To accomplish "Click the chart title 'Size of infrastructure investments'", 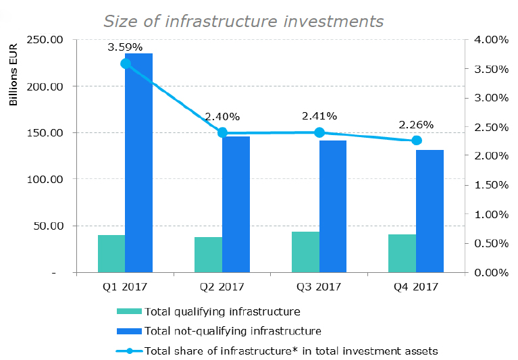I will pos(243,21).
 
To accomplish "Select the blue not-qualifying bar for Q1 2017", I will pos(138,162).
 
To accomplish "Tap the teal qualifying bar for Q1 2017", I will pos(111,254).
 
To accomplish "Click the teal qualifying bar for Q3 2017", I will pos(305,252).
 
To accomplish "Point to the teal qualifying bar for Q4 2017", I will pos(402,253).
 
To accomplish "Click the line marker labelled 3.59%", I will pos(126,63).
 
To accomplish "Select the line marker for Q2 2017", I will pos(222,133).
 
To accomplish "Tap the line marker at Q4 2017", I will pos(416,140).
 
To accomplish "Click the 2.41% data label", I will pos(319,116).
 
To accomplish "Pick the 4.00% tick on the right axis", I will pos(490,40).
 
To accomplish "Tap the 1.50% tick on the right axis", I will pos(490,185).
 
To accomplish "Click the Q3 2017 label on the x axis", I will pos(319,286).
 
